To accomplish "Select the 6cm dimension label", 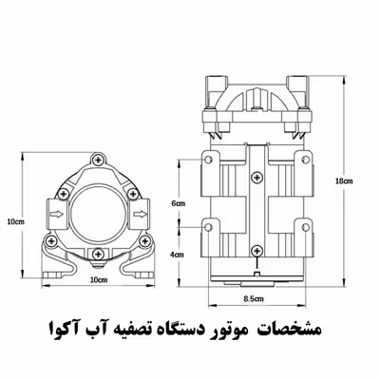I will pos(177,204).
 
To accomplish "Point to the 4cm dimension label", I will pos(177,255).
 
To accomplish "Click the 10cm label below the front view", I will pos(98,281).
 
